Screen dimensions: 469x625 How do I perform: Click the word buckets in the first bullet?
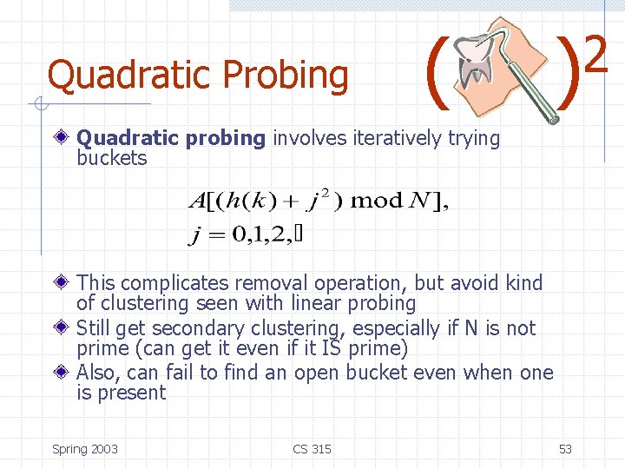click(112, 158)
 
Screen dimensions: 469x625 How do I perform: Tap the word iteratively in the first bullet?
click(393, 138)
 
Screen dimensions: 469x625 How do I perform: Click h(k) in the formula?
click(249, 201)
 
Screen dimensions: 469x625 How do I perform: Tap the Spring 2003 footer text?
click(85, 449)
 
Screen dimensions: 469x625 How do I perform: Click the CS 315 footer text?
click(312, 449)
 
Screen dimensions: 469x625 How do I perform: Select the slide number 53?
click(565, 449)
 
